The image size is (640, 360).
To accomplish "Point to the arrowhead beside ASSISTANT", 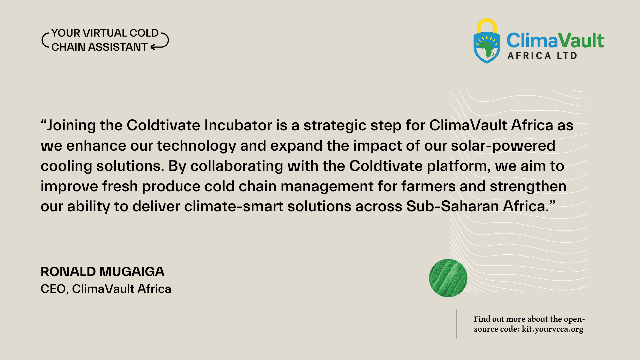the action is click(153, 47).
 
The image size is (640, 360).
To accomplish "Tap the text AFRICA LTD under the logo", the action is click(542, 56).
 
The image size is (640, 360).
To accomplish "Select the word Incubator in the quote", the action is click(238, 125).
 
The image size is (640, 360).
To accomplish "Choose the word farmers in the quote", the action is click(428, 186).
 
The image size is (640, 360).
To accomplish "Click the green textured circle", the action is click(448, 278).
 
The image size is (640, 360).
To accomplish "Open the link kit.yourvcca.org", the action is click(552, 329).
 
